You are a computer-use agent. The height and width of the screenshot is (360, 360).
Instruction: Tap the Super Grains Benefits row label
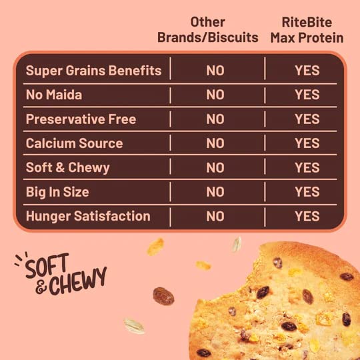tap(93, 71)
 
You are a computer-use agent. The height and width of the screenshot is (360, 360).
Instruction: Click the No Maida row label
tap(54, 95)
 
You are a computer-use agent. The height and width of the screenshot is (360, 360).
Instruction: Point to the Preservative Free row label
tap(81, 119)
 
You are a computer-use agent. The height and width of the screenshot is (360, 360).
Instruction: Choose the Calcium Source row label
tap(74, 143)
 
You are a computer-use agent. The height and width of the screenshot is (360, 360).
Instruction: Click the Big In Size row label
tap(57, 192)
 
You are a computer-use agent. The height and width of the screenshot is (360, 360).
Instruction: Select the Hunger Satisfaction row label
tap(87, 216)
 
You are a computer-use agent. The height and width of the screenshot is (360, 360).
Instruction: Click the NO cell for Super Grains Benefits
tap(215, 71)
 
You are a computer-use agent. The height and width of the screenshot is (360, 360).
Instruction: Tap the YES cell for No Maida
tap(307, 95)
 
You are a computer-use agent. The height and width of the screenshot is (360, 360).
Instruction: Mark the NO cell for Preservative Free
tap(215, 119)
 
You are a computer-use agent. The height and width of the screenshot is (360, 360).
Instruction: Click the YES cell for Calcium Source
tap(307, 143)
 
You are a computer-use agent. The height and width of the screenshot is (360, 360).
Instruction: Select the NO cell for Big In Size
tap(215, 192)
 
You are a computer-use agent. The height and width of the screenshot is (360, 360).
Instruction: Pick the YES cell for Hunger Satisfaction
tap(307, 216)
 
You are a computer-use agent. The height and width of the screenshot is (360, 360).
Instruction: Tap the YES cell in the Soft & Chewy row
tap(307, 167)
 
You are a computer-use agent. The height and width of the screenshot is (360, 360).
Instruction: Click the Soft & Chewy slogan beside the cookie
tap(60, 275)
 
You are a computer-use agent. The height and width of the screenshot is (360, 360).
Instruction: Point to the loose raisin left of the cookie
tap(163, 296)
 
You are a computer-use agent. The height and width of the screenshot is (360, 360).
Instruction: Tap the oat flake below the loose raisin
tap(135, 326)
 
